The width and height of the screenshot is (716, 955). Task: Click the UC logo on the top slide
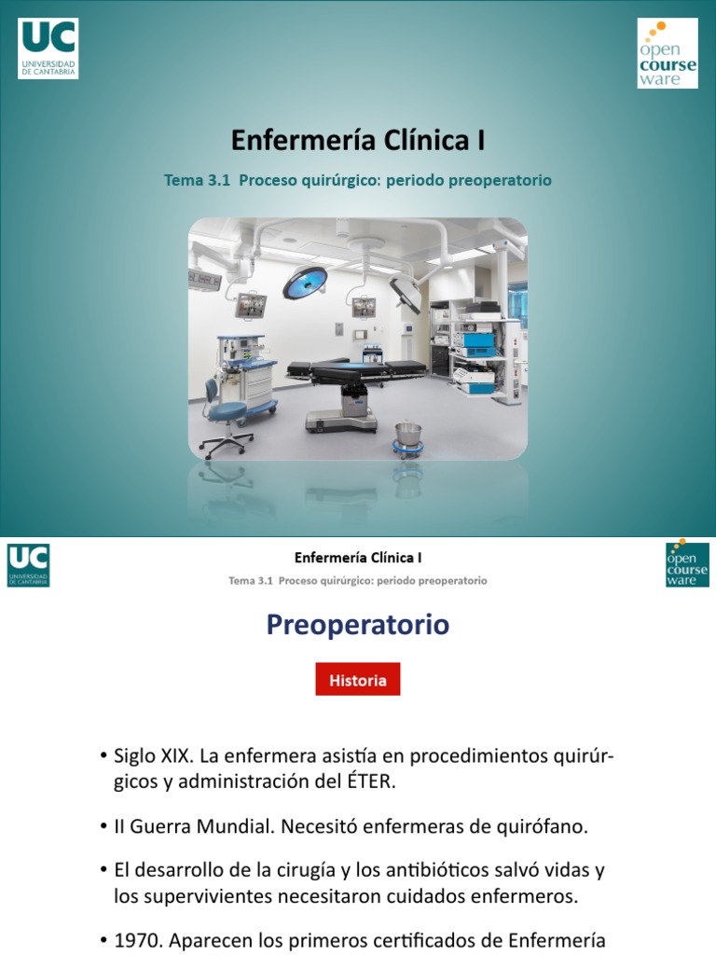(48, 48)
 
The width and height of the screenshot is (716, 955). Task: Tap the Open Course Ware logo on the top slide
(667, 53)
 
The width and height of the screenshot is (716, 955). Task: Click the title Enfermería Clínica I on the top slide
(358, 141)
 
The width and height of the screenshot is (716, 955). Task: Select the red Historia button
(357, 680)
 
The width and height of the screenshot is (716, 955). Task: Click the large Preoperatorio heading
(358, 624)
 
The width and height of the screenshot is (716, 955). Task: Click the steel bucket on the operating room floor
(406, 435)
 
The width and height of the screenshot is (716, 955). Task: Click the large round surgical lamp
(305, 281)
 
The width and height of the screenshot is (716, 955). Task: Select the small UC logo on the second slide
(29, 565)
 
